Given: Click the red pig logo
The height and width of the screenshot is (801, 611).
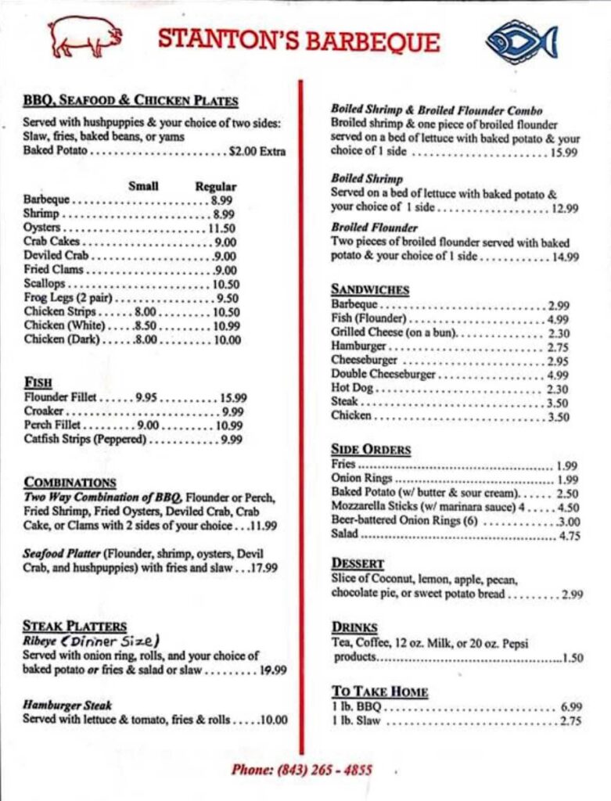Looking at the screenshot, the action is click(x=84, y=36).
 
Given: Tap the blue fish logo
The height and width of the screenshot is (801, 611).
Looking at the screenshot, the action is click(x=521, y=41).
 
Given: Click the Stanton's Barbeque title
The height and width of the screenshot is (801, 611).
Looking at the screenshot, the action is click(x=299, y=40).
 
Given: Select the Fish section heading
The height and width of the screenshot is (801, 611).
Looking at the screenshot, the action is click(x=38, y=383).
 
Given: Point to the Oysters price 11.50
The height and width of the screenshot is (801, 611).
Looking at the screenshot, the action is click(x=221, y=228).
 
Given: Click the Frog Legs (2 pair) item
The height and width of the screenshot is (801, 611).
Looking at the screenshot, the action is click(x=69, y=298).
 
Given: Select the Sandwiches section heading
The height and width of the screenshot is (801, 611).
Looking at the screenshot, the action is click(x=370, y=289).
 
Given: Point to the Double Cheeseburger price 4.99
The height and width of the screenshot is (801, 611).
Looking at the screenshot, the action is click(x=558, y=375).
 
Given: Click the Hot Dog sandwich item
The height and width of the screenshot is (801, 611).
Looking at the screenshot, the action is click(x=350, y=389).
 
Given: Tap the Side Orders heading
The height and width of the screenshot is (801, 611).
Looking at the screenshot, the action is click(x=371, y=450).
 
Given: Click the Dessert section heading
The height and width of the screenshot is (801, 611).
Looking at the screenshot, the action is click(x=358, y=563).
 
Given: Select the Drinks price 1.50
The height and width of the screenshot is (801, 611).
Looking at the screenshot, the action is click(x=573, y=658).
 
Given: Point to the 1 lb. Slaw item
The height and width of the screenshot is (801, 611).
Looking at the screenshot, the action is click(x=356, y=721).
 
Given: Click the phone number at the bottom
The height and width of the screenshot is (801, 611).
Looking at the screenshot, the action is click(x=302, y=770).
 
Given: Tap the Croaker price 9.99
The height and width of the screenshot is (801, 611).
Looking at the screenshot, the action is click(x=232, y=411).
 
